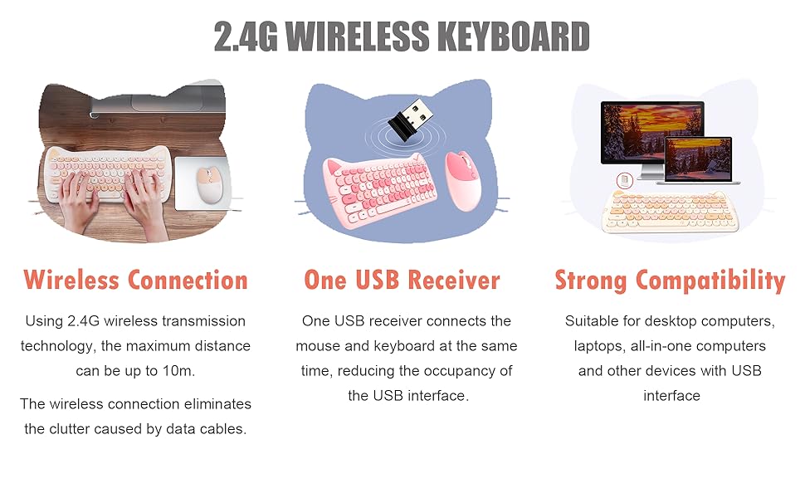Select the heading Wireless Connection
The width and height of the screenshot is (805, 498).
click(135, 280)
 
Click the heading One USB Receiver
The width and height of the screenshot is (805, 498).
click(402, 280)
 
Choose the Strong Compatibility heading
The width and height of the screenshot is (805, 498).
click(670, 280)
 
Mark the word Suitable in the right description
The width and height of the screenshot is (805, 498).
click(593, 321)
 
